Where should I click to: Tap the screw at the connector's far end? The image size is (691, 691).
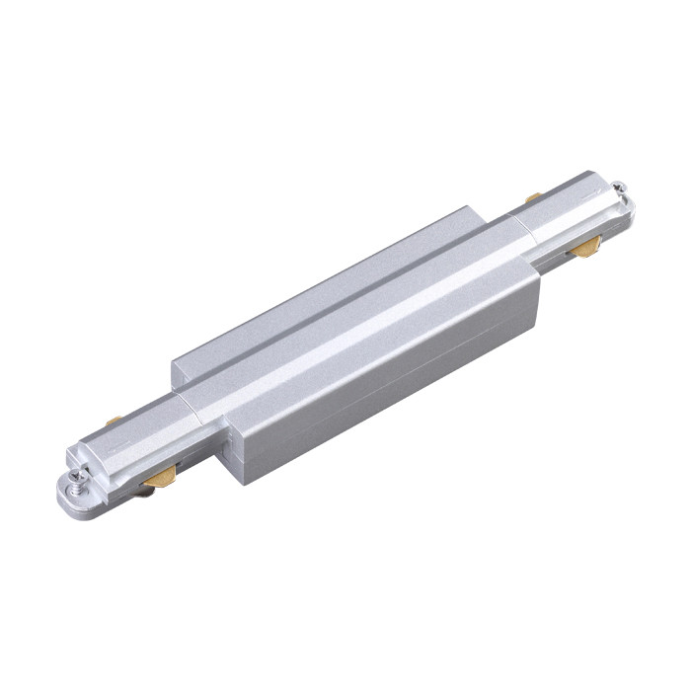[x=619, y=188]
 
